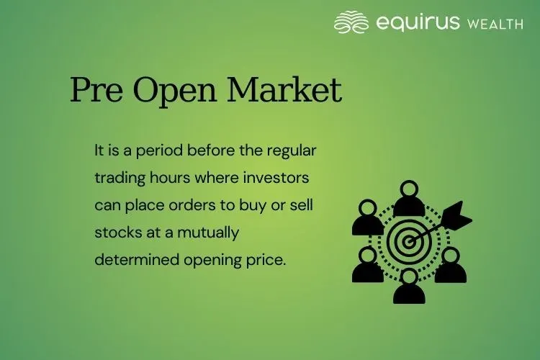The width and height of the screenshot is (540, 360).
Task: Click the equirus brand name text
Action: [417, 23]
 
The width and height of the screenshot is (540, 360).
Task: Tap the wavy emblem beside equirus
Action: [351, 22]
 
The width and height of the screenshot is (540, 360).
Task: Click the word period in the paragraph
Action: [160, 152]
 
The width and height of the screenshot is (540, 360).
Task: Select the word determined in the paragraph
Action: [130, 260]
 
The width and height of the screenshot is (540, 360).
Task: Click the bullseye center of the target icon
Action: [408, 242]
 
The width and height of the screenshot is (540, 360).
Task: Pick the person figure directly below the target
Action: [408, 287]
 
